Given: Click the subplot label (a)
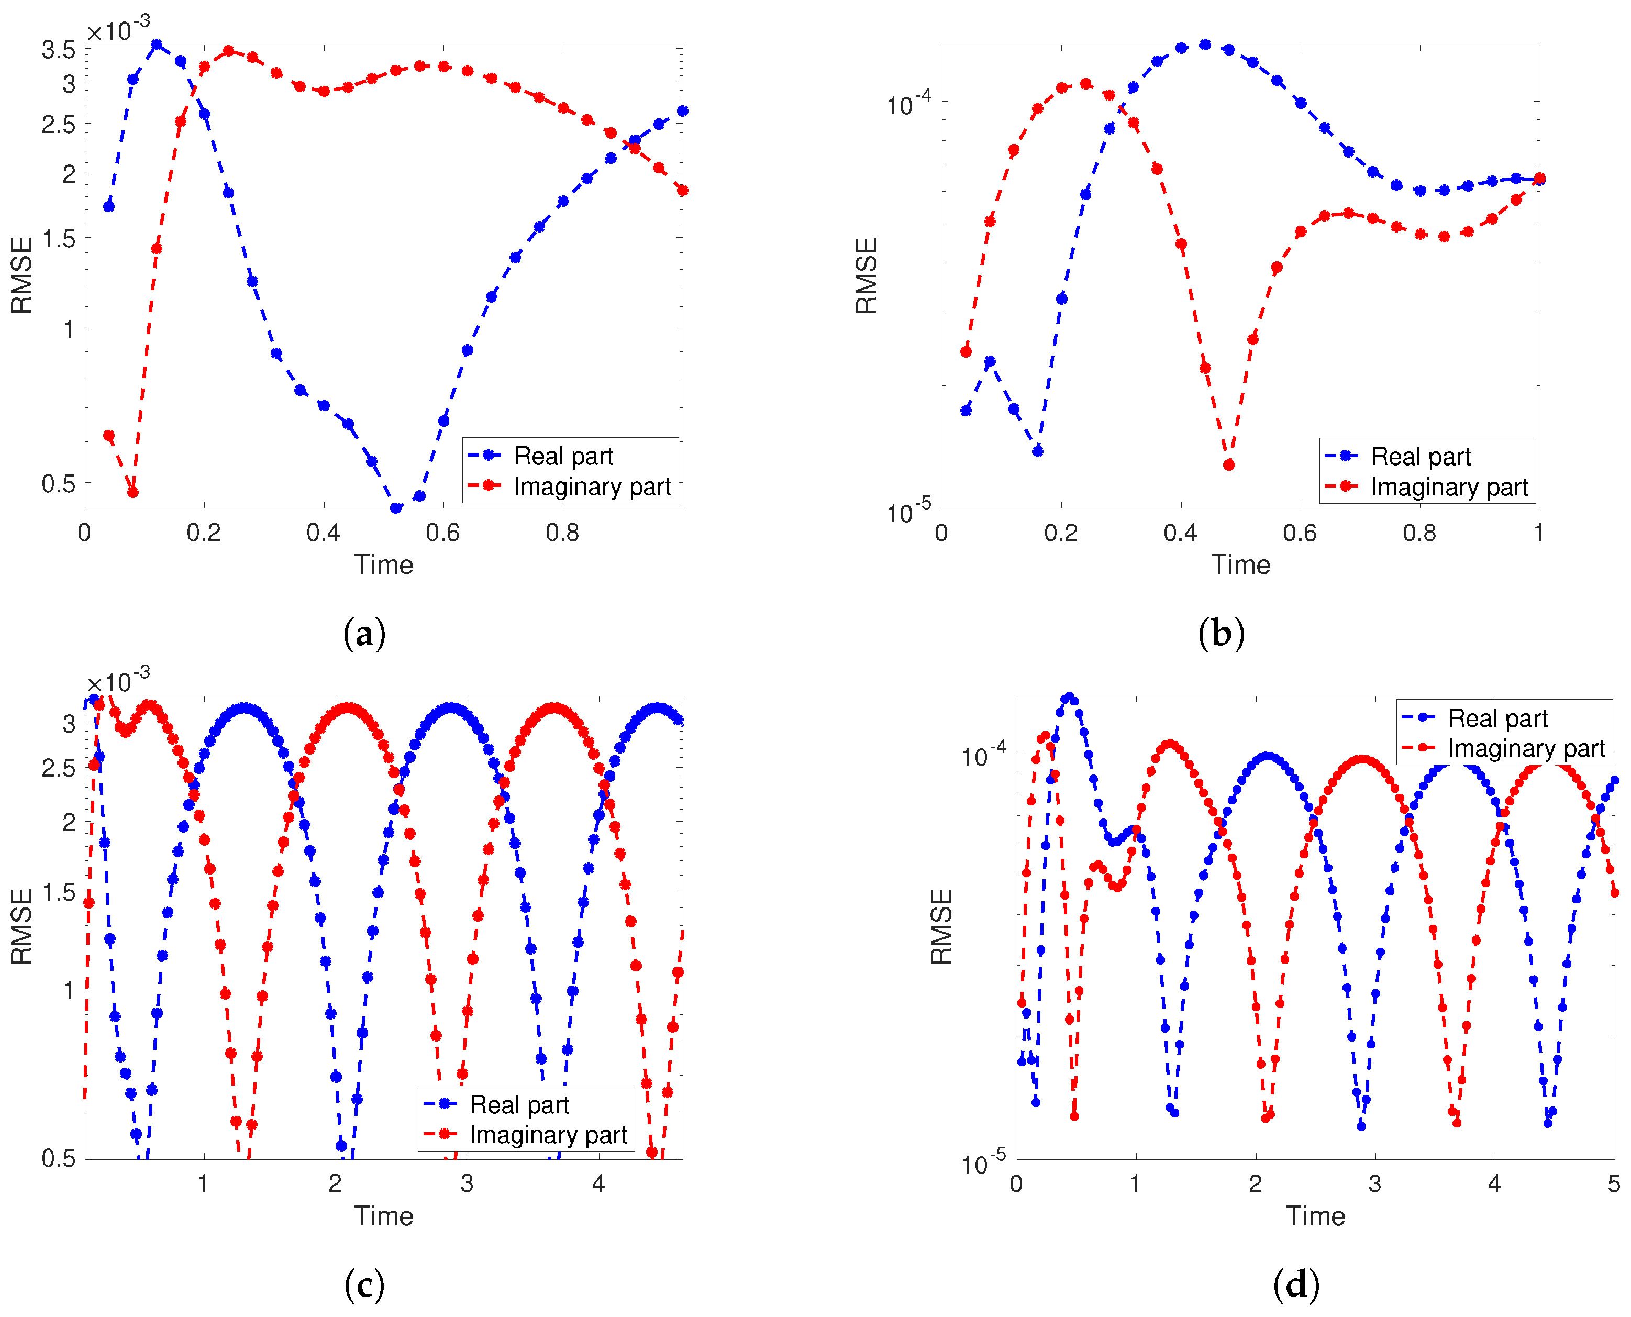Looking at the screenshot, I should point(364,634).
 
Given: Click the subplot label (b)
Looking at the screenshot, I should point(1221,634).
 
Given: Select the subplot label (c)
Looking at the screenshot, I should point(364,1285).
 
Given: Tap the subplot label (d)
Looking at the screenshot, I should point(1296,1285).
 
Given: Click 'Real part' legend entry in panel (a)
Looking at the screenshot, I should point(563,456).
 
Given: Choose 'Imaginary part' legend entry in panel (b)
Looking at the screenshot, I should point(1449,486).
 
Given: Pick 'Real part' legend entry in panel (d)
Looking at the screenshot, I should point(1497,718).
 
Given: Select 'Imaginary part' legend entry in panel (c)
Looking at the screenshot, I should point(548,1134).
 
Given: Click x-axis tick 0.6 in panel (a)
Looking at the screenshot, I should point(442,533).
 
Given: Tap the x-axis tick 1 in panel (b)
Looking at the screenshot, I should point(1538,533).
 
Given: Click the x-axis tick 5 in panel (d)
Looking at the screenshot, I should point(1614,1183).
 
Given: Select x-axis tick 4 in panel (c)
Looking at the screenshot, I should point(598,1183).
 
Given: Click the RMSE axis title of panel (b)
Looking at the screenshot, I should point(866,275).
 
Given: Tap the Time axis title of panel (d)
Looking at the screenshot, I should point(1315,1216).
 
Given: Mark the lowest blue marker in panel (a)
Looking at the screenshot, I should point(395,508).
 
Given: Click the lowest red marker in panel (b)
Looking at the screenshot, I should point(1229,465).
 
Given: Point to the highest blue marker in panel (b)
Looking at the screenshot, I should point(1205,45).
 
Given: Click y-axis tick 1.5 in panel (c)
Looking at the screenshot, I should point(59,893).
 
